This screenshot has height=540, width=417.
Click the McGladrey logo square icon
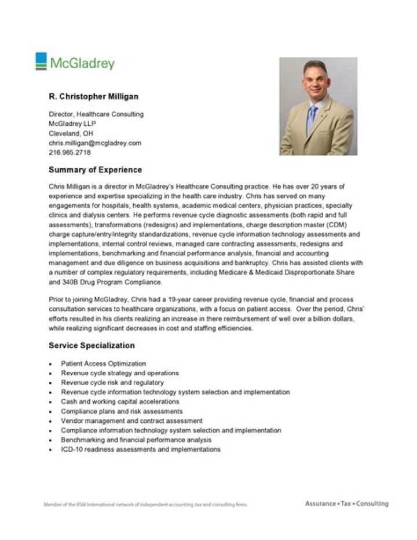pyautogui.click(x=41, y=61)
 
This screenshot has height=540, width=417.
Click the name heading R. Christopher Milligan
pyautogui.click(x=93, y=96)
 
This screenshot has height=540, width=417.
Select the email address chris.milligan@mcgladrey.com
pyautogui.click(x=95, y=143)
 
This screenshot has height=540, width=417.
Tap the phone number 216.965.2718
pyautogui.click(x=69, y=152)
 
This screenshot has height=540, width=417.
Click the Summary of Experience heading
pyautogui.click(x=95, y=171)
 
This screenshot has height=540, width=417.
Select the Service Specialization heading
pyautogui.click(x=92, y=346)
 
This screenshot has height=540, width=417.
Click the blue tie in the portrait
pyautogui.click(x=312, y=116)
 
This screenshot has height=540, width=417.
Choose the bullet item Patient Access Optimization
pyautogui.click(x=100, y=364)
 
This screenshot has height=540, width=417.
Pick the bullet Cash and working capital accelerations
pyautogui.click(x=120, y=401)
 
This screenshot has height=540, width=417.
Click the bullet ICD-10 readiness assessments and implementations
pyautogui.click(x=141, y=450)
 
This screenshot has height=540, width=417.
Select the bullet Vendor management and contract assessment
pyautogui.click(x=131, y=421)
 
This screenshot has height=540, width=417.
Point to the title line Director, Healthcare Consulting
pyautogui.click(x=96, y=114)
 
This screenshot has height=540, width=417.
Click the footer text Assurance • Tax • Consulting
pyautogui.click(x=346, y=503)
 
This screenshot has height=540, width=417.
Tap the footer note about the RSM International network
pyautogui.click(x=145, y=505)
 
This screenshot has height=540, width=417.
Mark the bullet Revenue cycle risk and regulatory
pyautogui.click(x=112, y=383)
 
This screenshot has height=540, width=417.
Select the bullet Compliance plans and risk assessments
pyautogui.click(x=122, y=411)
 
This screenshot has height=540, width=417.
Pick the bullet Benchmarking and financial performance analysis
pyautogui.click(x=136, y=440)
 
